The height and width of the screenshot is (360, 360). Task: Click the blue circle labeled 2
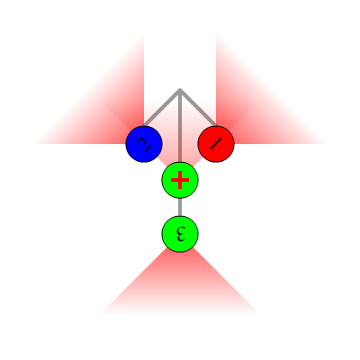pos(144,144)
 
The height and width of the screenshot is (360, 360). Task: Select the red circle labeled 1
pos(216,144)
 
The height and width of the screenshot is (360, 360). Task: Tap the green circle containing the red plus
pos(180,180)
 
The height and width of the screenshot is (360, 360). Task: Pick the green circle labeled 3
pos(180,234)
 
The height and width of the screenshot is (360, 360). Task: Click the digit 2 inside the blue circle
pos(144,144)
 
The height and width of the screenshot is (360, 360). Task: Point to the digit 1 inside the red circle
pos(216,144)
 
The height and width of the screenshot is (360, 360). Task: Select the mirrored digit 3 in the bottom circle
pos(180,234)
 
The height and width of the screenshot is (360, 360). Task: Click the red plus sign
pos(180,180)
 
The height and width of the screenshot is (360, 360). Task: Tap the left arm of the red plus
pos(175,180)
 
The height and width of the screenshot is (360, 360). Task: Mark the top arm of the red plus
pos(180,175)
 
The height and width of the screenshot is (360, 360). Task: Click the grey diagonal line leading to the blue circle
pos(162,107)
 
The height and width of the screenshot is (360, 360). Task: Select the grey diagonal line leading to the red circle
pos(198,107)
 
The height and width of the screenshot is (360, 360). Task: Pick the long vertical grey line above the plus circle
pos(180,126)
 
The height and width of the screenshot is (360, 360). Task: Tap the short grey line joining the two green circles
pos(180,207)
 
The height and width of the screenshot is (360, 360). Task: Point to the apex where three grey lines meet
pos(180,89)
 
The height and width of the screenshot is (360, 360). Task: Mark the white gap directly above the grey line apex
pos(180,60)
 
